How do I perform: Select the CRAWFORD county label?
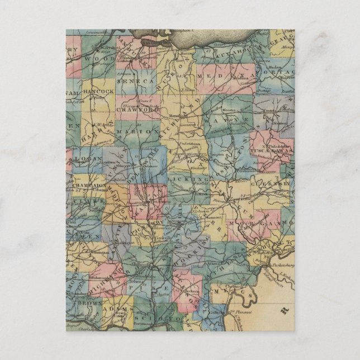(x=137, y=110)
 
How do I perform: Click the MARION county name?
(x=138, y=130)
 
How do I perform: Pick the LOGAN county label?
(x=93, y=158)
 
